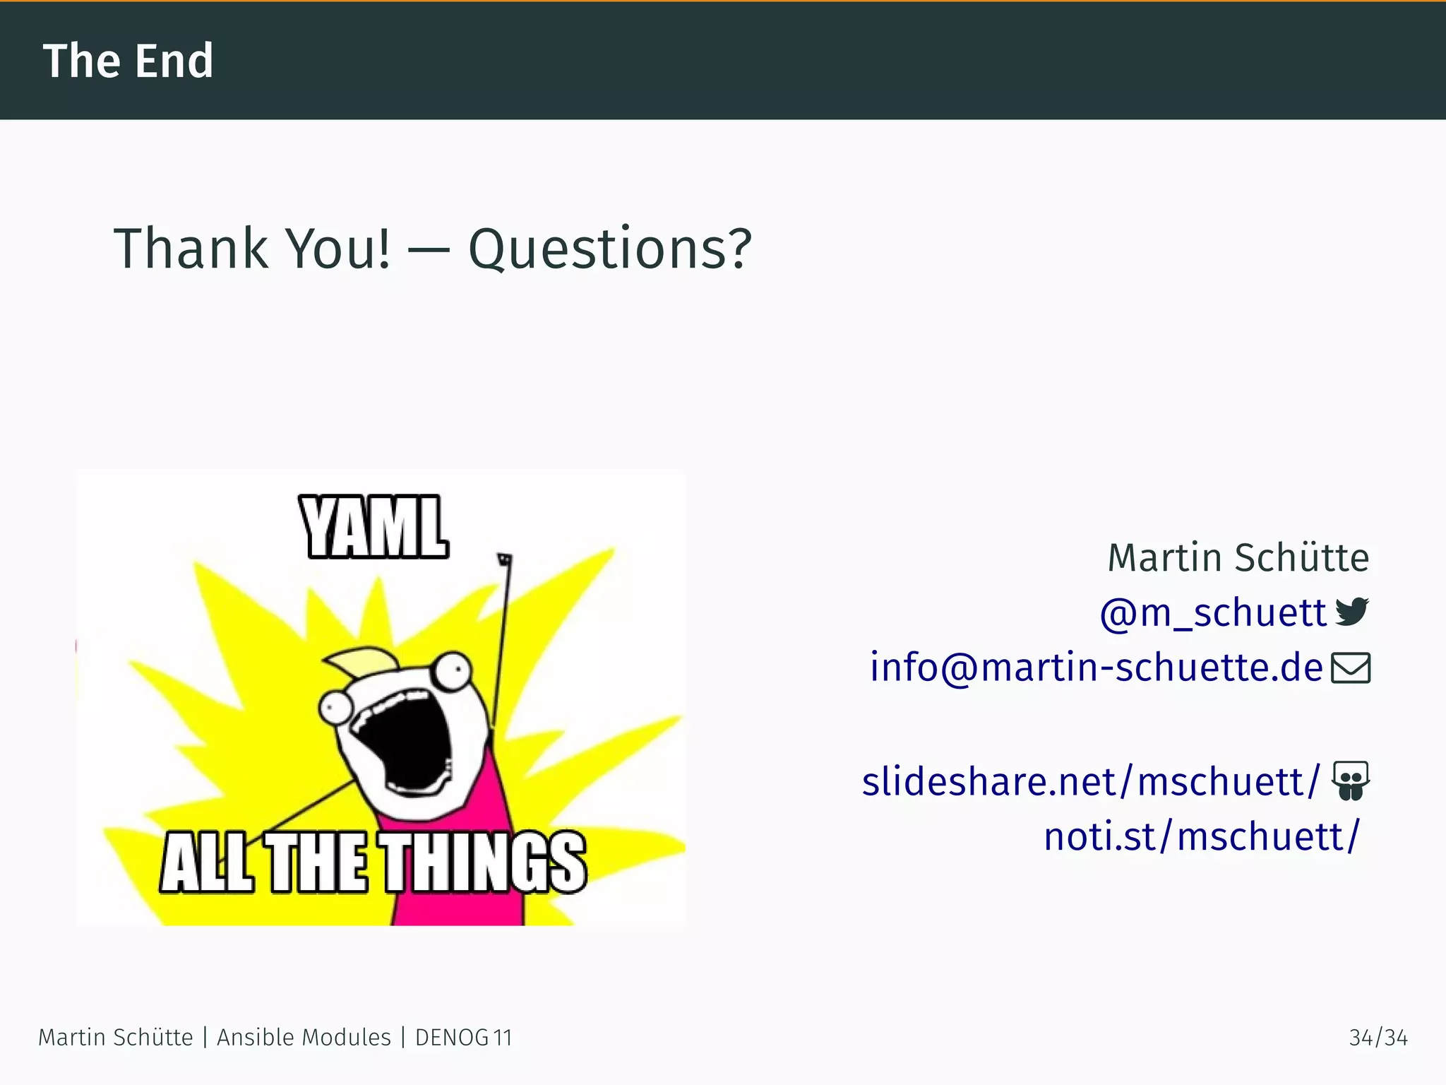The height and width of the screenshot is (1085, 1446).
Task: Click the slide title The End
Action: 128,61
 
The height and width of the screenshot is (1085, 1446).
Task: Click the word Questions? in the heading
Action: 610,249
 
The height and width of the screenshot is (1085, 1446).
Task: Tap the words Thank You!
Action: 252,249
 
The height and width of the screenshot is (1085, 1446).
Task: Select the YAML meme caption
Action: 374,527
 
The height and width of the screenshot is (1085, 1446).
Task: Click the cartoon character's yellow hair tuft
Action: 360,660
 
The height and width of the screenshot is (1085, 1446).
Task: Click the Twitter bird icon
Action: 1352,611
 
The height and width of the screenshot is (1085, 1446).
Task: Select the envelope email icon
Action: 1351,668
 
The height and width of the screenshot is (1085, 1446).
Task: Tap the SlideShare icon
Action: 1351,780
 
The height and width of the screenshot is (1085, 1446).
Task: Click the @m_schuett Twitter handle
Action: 1213,612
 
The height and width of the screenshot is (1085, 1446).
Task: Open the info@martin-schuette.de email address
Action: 1096,668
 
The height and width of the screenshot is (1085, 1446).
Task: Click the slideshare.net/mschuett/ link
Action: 1090,782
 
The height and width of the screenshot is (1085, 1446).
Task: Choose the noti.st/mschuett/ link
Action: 1201,837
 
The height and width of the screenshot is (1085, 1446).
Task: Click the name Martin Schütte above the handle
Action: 1238,558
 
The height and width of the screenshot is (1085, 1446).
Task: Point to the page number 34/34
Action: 1378,1038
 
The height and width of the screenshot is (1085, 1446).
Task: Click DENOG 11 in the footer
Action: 463,1038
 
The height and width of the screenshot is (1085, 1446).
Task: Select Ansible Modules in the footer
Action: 304,1038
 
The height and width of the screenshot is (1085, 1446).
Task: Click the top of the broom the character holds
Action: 504,559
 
